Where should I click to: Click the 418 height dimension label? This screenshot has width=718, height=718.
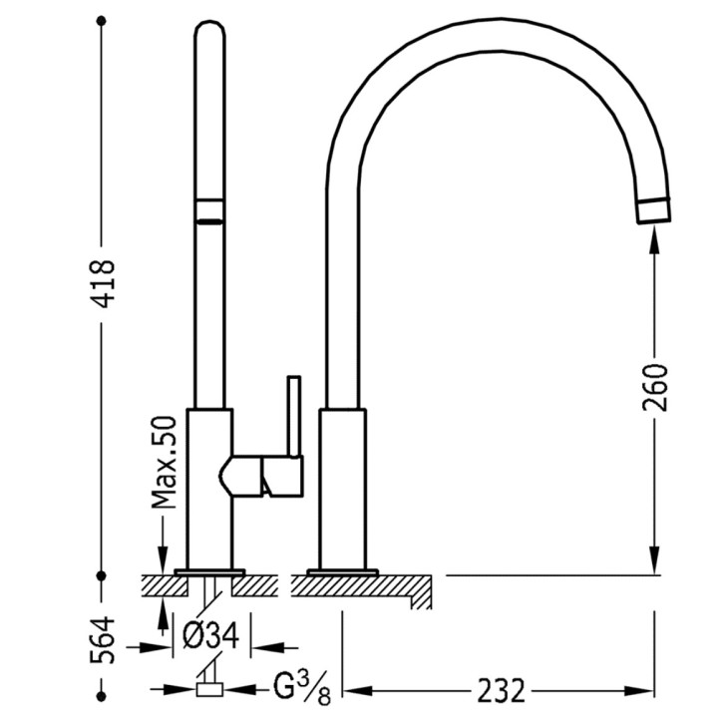click(102, 283)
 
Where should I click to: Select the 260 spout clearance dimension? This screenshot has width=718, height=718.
click(655, 387)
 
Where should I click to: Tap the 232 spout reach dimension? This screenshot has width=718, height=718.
click(500, 691)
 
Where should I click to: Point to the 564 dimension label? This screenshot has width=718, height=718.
click(102, 640)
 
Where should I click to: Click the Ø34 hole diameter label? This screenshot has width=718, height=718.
click(210, 635)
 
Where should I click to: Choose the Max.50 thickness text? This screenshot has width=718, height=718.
click(164, 462)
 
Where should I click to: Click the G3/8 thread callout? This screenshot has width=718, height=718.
click(302, 690)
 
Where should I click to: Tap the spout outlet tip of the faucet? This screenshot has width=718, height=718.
click(654, 211)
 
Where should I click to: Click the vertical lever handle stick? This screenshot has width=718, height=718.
click(294, 416)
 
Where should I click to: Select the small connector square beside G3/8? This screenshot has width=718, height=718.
click(209, 690)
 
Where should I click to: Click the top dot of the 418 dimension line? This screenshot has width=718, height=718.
click(102, 21)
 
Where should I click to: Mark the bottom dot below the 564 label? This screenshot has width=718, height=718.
click(102, 696)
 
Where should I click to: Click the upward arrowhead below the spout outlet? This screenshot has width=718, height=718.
click(655, 240)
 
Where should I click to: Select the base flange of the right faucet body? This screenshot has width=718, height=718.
click(342, 572)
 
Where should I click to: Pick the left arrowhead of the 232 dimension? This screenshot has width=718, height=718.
click(358, 690)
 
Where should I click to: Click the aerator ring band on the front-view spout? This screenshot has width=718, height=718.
click(209, 211)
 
